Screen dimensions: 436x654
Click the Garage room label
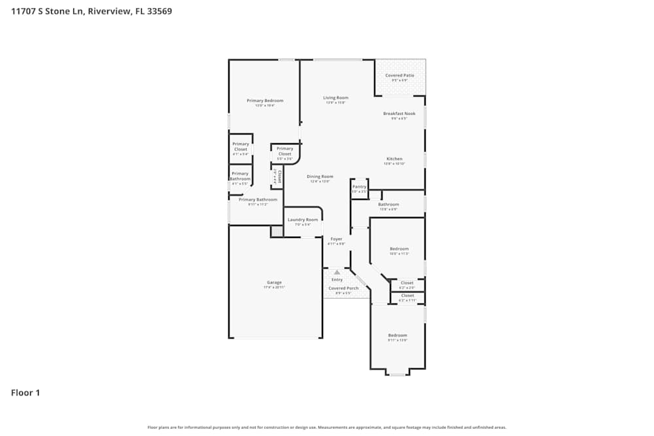(274, 282)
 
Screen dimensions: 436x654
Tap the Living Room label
(336, 98)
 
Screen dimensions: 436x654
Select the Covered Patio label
(400, 75)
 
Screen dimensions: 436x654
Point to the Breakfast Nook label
(399, 114)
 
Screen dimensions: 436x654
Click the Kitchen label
(394, 159)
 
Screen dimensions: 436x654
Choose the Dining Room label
(320, 176)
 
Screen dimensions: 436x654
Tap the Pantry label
(360, 187)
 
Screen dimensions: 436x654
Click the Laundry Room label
(302, 220)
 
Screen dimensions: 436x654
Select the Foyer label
(336, 239)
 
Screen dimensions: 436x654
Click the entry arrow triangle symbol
(337, 271)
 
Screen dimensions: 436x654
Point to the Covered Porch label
(343, 288)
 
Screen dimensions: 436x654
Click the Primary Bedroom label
(265, 101)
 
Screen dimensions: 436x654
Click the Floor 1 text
(26, 393)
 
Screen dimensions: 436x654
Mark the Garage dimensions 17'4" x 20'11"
(274, 288)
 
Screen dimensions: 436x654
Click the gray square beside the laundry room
(277, 231)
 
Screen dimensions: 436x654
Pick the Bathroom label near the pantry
(388, 205)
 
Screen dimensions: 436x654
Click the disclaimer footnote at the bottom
(327, 428)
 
